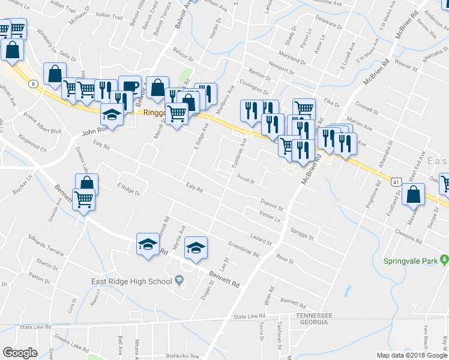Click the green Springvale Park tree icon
[x=444, y=260]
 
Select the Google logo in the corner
[x=20, y=353]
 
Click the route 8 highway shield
[x=32, y=82]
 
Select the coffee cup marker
[x=130, y=86]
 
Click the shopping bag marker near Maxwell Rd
[x=414, y=194]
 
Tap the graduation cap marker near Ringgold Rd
[x=112, y=113]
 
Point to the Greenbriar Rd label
[x=244, y=249]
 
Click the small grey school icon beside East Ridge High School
[x=179, y=281]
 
